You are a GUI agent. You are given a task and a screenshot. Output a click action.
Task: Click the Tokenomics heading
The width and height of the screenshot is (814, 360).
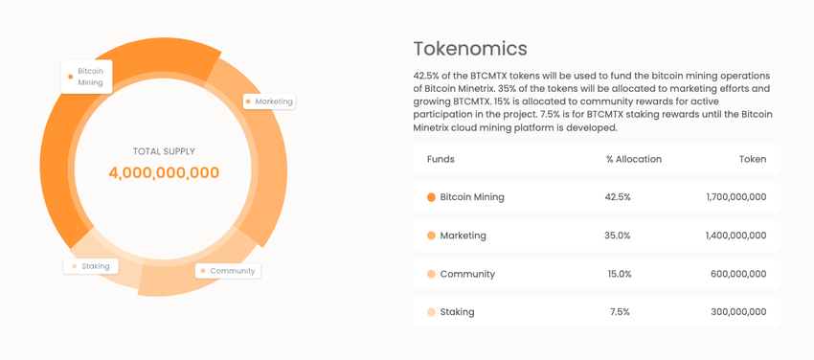[x=470, y=49]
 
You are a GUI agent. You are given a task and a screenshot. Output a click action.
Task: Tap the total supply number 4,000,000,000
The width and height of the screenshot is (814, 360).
[x=164, y=172]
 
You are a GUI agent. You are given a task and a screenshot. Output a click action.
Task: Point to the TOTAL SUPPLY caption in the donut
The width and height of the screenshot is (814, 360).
[x=164, y=151]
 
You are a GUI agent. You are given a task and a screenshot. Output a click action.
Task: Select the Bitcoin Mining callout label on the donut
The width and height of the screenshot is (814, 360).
[x=87, y=77]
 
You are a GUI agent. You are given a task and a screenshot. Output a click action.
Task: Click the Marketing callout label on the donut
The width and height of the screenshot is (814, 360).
[x=269, y=101]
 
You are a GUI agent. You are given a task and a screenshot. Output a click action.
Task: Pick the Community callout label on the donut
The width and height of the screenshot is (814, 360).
[x=228, y=271]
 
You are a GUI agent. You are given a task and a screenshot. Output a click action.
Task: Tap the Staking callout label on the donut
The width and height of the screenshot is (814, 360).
[x=91, y=266]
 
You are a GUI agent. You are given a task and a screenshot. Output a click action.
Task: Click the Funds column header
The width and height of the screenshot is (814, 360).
[x=441, y=159]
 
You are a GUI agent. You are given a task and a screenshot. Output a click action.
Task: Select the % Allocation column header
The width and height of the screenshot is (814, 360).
[x=634, y=159]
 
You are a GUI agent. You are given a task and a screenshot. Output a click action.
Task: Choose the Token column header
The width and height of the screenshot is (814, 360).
[x=753, y=159]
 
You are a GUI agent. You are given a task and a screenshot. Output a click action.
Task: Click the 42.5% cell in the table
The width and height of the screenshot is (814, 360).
[x=618, y=197]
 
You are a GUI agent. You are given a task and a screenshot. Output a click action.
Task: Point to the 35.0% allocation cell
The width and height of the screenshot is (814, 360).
[x=618, y=236]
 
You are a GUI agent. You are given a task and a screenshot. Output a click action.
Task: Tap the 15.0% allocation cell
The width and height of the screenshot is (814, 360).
[x=620, y=274]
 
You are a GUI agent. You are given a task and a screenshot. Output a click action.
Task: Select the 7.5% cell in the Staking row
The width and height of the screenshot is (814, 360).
[x=620, y=312]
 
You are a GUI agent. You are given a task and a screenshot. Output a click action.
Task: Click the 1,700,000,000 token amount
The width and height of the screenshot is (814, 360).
[x=736, y=197]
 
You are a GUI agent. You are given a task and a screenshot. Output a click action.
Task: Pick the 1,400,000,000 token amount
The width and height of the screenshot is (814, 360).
[x=735, y=236]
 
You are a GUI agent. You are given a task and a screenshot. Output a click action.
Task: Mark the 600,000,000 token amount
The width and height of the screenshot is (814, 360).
[x=738, y=274]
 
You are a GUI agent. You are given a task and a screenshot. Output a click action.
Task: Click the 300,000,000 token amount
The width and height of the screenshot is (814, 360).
[x=738, y=312]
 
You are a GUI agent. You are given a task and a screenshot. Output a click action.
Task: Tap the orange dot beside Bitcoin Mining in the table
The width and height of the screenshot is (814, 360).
[x=431, y=197]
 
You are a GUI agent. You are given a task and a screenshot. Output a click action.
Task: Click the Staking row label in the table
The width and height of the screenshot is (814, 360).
[x=458, y=312]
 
